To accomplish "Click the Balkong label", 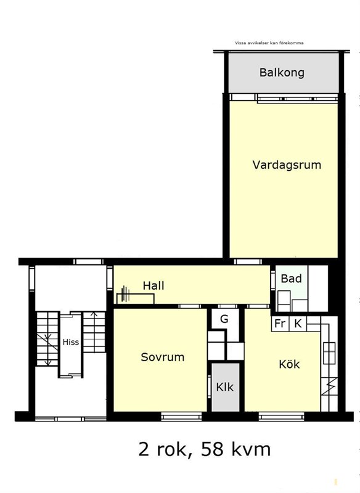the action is (282, 73).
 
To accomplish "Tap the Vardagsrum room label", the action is (287, 165).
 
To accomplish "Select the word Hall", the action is (153, 285).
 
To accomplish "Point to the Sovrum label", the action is (163, 357).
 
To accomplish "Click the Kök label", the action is (289, 364).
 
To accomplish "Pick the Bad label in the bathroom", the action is (291, 279).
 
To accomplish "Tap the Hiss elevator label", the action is (71, 342).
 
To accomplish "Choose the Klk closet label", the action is (225, 387).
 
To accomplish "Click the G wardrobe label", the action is (224, 319).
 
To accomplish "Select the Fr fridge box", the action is (280, 324).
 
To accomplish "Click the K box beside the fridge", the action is (298, 324).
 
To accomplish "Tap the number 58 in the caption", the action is (212, 449).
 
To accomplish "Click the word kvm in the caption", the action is (251, 449).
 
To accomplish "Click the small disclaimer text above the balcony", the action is (269, 43).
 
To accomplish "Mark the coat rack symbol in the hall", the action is (126, 295).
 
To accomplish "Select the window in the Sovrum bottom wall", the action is (181, 417).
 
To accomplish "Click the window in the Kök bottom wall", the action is (281, 417).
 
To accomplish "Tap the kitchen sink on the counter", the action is (329, 352).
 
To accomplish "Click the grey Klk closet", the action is (225, 387).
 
